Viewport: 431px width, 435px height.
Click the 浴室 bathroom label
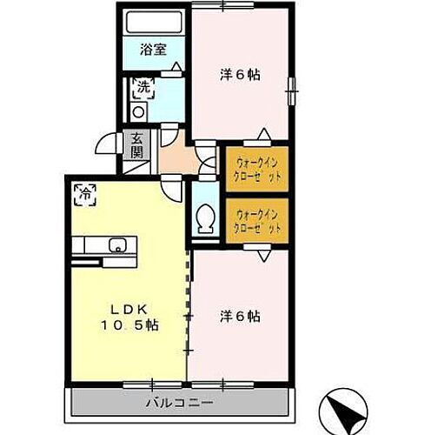coord(154,51)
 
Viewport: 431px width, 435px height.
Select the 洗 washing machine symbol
coord(142,87)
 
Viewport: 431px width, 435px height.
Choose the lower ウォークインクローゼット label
coord(256,220)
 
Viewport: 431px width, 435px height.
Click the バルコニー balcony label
coord(179,404)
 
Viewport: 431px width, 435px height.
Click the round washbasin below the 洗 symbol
coord(139,111)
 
